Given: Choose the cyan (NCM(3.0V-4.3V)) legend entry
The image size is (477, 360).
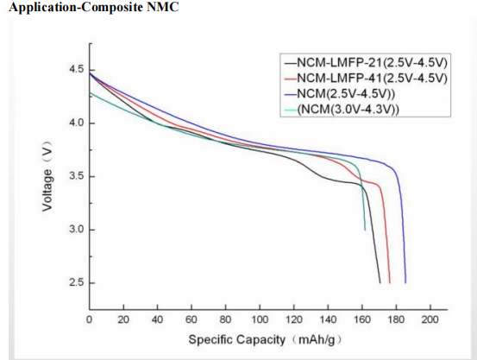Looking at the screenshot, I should coord(349,108).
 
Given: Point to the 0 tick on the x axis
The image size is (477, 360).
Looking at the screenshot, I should coord(90,319).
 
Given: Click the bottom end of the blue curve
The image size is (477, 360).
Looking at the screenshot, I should coord(405,282).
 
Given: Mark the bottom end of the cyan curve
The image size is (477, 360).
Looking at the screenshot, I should coord(365,230).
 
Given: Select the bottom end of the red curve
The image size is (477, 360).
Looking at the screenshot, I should coord(389,282).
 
